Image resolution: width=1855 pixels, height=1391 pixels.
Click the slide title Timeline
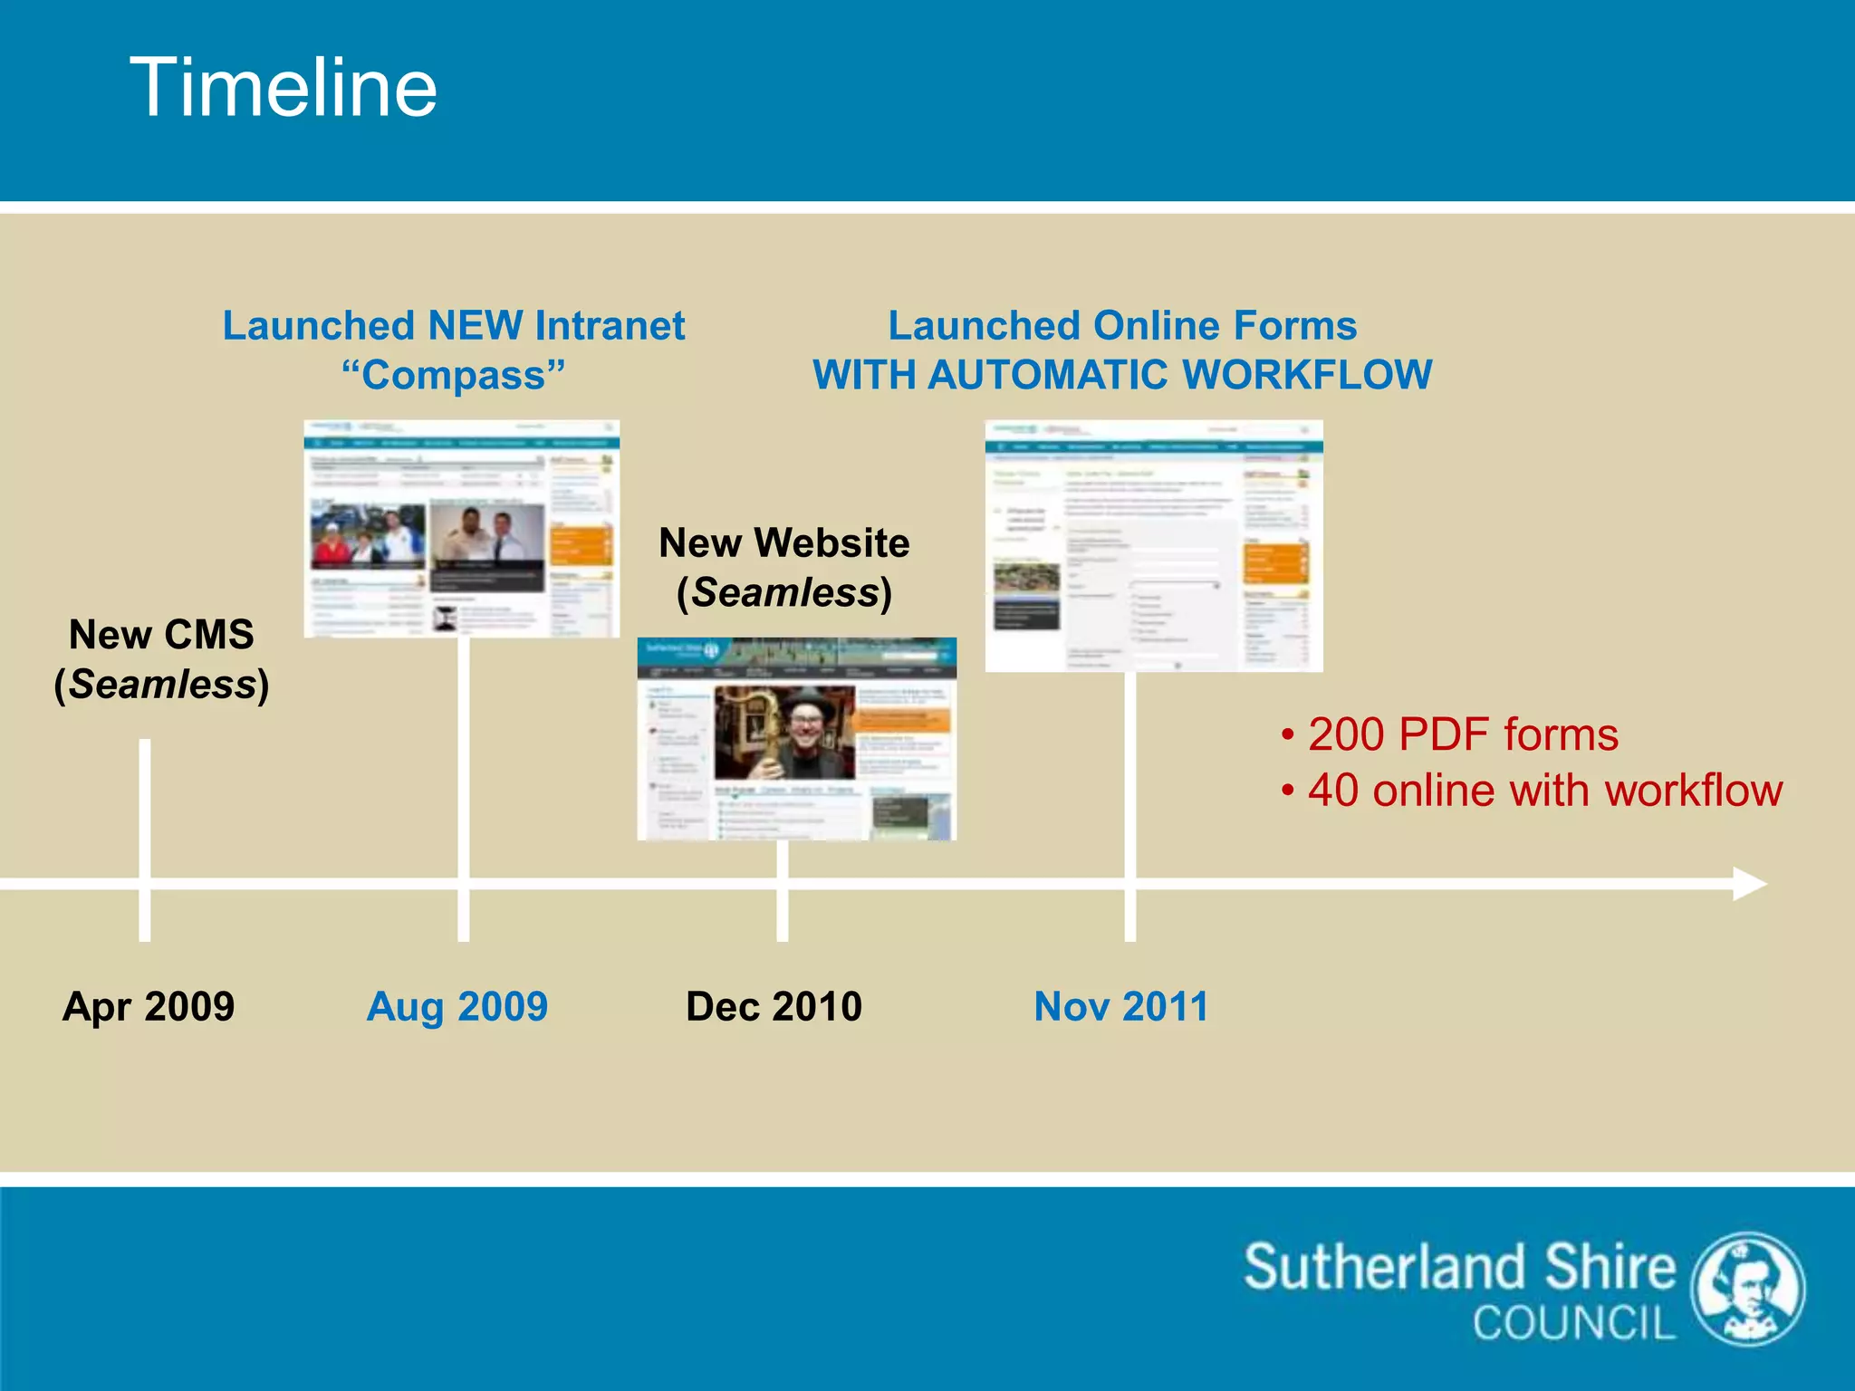(284, 87)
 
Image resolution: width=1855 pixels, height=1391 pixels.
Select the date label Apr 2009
(149, 1006)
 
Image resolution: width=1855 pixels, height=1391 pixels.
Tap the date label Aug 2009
(457, 1006)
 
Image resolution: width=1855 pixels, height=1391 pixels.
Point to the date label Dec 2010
(774, 1006)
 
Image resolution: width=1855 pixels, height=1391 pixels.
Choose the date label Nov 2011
(1121, 1006)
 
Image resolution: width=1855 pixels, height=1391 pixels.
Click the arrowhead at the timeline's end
(1750, 883)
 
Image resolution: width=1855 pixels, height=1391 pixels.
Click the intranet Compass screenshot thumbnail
(461, 529)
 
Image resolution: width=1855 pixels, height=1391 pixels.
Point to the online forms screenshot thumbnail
(1153, 545)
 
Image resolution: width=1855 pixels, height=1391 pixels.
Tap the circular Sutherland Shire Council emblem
(1749, 1289)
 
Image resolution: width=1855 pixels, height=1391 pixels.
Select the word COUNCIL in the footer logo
(1574, 1323)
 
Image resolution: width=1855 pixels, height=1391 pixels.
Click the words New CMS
(161, 635)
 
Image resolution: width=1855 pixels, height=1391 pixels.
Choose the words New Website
(784, 543)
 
